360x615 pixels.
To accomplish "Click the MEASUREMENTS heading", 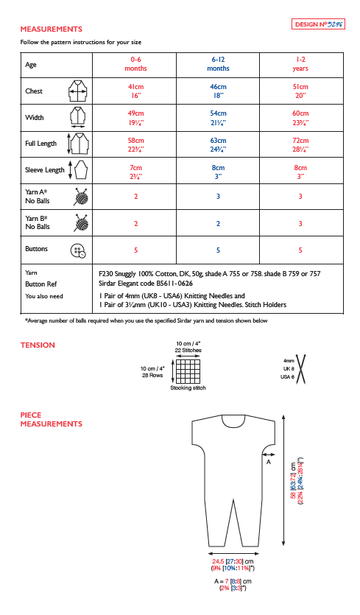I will [x=51, y=29].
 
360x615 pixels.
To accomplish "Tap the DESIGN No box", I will [x=320, y=24].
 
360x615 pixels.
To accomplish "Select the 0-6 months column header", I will [x=135, y=63].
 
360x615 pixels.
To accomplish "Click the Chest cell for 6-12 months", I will [x=218, y=91].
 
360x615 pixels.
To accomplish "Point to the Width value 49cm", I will [x=135, y=114].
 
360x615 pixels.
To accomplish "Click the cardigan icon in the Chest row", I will [x=77, y=91].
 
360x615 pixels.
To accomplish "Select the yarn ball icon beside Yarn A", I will [x=79, y=197].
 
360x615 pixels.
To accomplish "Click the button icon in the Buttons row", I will [x=77, y=250].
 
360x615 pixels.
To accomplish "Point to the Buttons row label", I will [x=37, y=249].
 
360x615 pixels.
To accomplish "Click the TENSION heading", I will [x=38, y=345].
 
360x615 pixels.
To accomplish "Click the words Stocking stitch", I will [x=188, y=387].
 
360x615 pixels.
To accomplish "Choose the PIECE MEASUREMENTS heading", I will [x=51, y=419].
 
